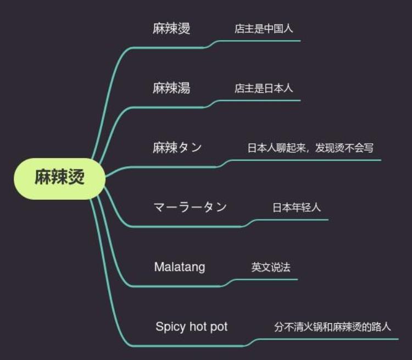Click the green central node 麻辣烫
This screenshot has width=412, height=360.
(59, 178)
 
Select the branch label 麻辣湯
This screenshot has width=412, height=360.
(171, 87)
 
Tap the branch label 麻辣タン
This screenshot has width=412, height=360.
(177, 147)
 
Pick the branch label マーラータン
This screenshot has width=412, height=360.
(190, 207)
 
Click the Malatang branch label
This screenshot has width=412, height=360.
(180, 267)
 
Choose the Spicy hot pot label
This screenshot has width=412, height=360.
(191, 327)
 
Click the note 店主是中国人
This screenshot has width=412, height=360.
(264, 29)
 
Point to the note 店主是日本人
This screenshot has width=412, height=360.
(264, 88)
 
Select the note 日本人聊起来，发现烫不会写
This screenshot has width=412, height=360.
(310, 148)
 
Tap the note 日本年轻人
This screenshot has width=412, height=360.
(297, 207)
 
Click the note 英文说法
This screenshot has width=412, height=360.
(271, 267)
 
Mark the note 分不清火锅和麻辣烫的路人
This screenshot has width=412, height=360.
(332, 327)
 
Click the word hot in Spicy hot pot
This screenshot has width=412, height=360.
(198, 327)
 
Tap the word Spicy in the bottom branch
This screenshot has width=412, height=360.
(171, 327)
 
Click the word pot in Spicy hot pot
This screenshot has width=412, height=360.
(219, 327)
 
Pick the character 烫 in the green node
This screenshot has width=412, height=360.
(76, 178)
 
